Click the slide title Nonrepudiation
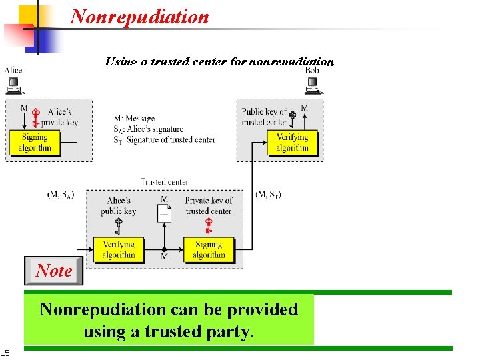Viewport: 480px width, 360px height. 139,17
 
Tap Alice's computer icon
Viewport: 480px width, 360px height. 13,85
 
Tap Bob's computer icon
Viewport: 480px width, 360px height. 312,85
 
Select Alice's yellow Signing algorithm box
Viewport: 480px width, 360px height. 35,143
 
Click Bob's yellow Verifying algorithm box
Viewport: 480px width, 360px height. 292,143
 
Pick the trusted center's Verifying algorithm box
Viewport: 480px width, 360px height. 119,249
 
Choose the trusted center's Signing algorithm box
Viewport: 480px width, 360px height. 209,249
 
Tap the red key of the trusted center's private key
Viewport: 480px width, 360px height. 209,226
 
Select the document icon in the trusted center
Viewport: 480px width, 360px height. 164,213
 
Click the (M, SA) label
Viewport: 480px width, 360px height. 61,194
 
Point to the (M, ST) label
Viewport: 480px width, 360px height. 269,194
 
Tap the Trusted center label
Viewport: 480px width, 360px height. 164,181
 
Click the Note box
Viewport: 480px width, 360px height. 54,271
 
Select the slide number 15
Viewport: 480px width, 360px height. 5,352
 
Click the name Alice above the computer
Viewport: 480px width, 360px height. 13,70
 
